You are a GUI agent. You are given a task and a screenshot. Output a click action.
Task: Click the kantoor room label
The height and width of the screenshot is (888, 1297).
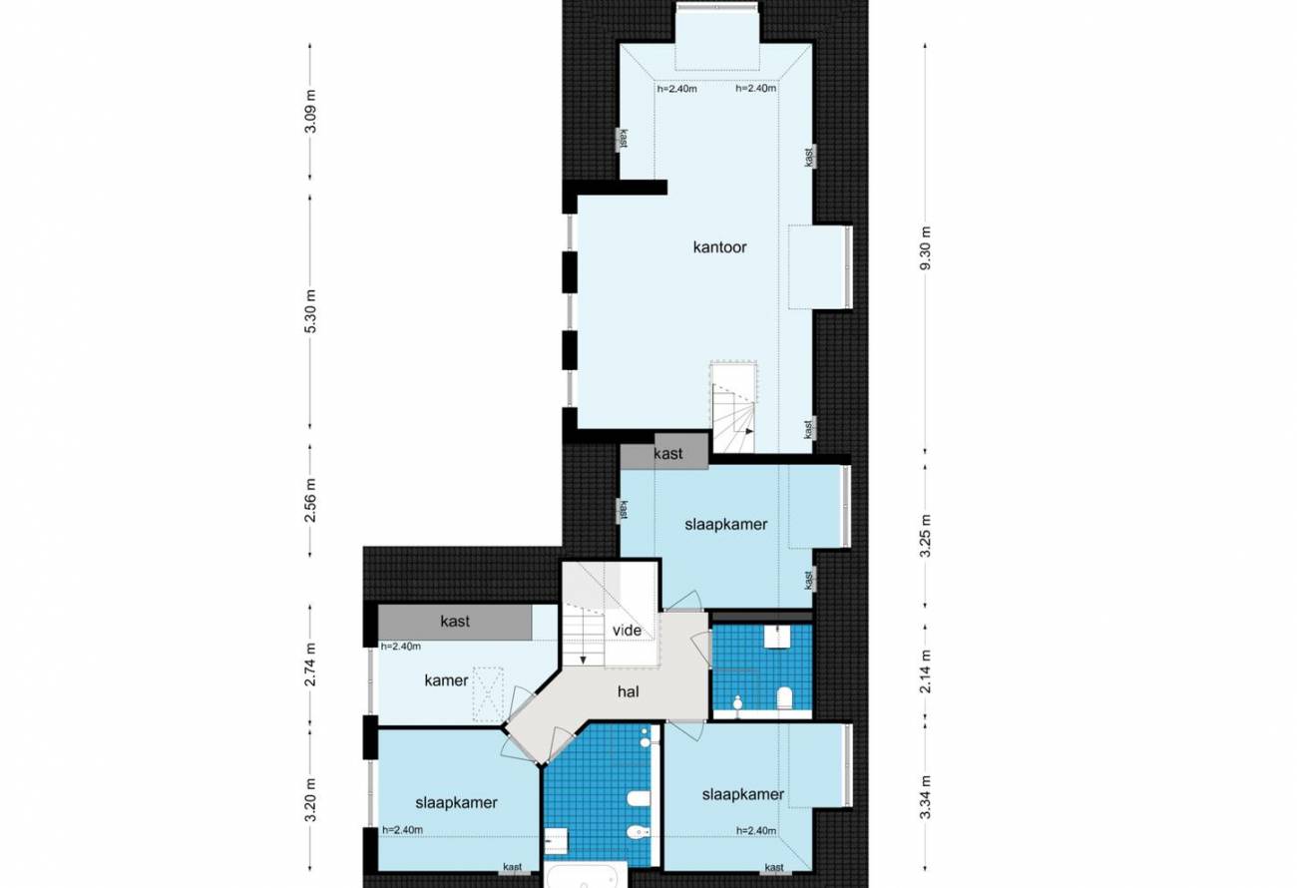coord(719,247)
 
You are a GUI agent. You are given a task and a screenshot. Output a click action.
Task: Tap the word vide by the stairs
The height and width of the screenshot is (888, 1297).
coord(628,630)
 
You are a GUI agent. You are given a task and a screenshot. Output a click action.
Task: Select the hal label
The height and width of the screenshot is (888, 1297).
coord(629,691)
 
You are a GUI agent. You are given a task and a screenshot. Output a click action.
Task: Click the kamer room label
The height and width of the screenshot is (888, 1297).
coord(446,680)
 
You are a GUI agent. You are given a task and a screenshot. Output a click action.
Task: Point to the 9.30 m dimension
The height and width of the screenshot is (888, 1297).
coord(926,247)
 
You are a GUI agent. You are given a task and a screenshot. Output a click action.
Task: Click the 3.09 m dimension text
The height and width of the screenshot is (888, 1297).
coord(311,111)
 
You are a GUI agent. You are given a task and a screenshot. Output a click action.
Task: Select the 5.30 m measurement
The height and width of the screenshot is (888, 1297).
coord(311,311)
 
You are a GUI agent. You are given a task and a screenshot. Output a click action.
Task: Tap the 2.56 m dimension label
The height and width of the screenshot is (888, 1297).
coord(311,500)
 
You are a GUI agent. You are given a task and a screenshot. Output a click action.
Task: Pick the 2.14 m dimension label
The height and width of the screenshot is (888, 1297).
coord(926,670)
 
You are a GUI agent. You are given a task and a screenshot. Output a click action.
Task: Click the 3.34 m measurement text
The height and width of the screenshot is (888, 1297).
coord(926,797)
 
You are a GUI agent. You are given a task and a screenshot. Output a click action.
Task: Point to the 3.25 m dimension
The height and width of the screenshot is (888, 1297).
coord(926,536)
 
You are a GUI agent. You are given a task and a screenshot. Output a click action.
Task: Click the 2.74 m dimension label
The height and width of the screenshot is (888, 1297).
coord(311,664)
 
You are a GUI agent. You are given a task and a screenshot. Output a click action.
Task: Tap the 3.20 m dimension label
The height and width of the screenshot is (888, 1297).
coord(311,799)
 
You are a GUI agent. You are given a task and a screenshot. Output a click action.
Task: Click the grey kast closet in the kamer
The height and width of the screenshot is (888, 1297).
coord(455,622)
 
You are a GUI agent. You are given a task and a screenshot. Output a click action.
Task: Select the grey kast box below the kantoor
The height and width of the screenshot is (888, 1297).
coord(664,452)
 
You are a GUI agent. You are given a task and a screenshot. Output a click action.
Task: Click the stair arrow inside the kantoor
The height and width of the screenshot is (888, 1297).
coord(749,431)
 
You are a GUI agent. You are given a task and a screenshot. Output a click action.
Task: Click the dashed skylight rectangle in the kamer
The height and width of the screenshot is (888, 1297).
coord(488,694)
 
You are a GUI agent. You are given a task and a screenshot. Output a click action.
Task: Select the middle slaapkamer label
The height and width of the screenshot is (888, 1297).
coord(726,525)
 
